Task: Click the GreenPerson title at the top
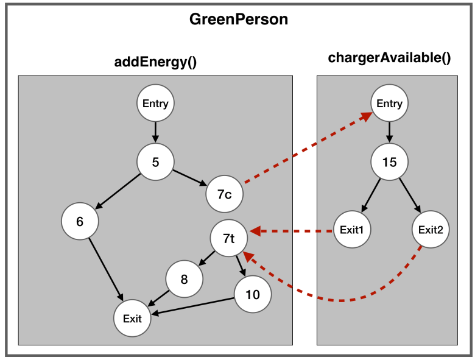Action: [x=239, y=19]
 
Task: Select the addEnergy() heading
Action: [x=156, y=62]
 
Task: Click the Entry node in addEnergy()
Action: [x=155, y=104]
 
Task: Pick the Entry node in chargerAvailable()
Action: [x=389, y=104]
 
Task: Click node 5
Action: [x=155, y=163]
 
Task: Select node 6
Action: [x=80, y=221]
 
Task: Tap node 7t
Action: [x=229, y=238]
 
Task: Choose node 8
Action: [x=184, y=279]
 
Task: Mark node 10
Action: [x=252, y=295]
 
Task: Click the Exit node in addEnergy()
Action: [x=132, y=319]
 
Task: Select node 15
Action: [x=389, y=163]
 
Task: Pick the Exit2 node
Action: [x=430, y=230]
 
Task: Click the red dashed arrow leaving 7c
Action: [x=304, y=149]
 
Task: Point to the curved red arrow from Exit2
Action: [x=341, y=300]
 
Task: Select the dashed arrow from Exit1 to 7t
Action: [x=292, y=231]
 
